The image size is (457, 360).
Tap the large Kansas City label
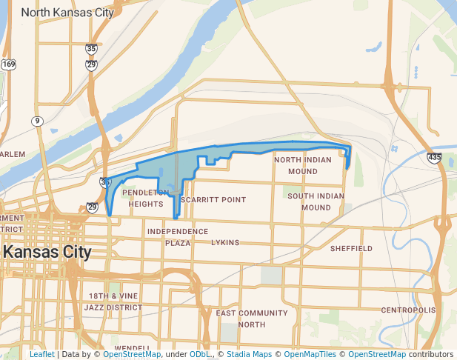[47, 252]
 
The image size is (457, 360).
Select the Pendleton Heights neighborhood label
[145, 198]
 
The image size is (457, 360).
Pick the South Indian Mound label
[316, 201]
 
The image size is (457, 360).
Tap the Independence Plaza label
[177, 237]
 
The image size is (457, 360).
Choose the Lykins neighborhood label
[225, 242]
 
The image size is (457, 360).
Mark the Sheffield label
[351, 249]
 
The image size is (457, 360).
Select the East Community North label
[251, 319]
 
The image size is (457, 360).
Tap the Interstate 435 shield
[435, 157]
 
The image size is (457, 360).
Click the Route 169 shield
[8, 64]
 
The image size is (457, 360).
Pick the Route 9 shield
[37, 121]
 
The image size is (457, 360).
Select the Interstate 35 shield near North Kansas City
[91, 48]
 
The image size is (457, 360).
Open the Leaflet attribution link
[41, 354]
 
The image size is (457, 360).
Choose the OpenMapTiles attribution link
[315, 354]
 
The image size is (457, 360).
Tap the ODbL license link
[200, 354]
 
